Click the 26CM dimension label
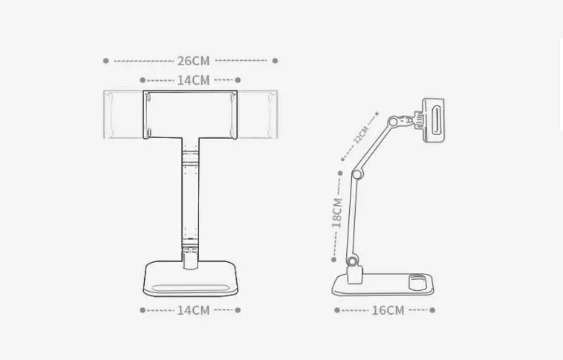coord(193,61)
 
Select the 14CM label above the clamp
coord(193,80)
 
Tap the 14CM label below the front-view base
coord(193,310)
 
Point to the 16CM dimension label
coord(388,310)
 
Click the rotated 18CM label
coord(337,211)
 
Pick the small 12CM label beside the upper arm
coord(360,136)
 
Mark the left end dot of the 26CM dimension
coord(106,61)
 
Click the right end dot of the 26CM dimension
coord(275,61)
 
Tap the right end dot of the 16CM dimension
coord(433,310)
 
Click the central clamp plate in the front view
coord(191,114)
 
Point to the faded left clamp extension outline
coord(123,114)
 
